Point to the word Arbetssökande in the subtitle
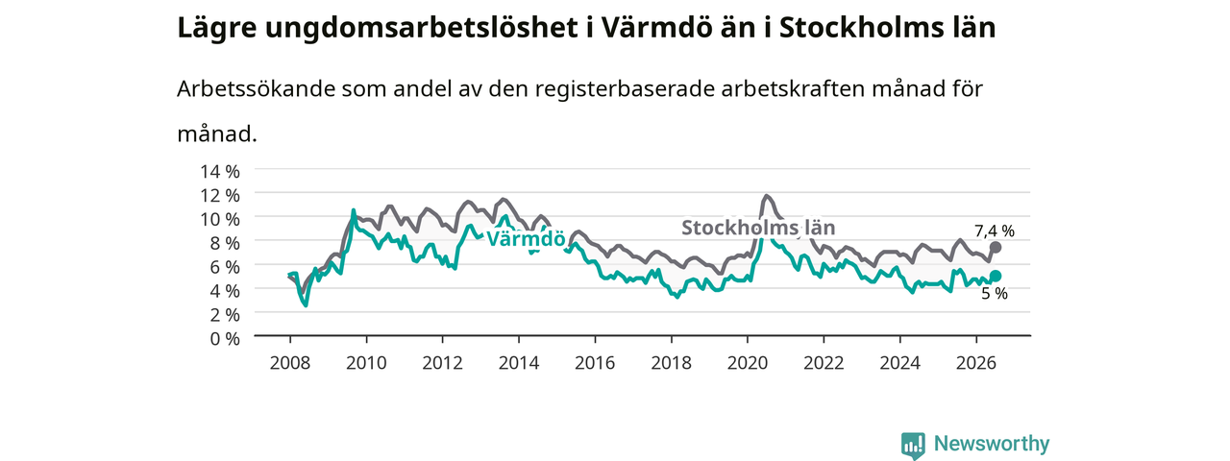[256, 89]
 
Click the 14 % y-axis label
[220, 172]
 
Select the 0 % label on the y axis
[225, 339]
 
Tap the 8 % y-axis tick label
[225, 243]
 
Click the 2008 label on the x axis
[290, 363]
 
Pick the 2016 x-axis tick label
[595, 363]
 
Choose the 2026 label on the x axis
[976, 363]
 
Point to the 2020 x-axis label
[748, 363]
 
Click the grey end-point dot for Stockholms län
[995, 248]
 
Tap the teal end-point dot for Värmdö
[995, 276]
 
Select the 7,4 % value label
[995, 231]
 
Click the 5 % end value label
[995, 294]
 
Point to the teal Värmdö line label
[526, 239]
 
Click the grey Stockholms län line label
[758, 228]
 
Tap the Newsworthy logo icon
[913, 445]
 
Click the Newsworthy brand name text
[992, 444]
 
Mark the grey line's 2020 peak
[767, 195]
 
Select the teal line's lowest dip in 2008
[306, 305]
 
